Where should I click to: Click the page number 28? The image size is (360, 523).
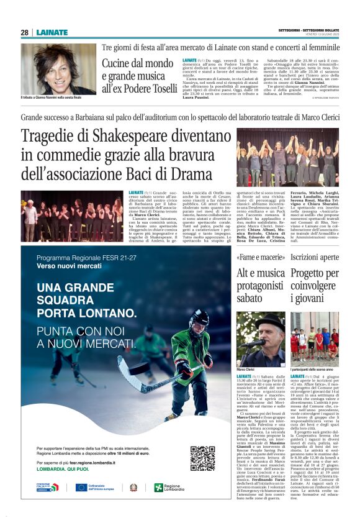pos(24,33)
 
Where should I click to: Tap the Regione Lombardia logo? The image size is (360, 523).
pos(169,488)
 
